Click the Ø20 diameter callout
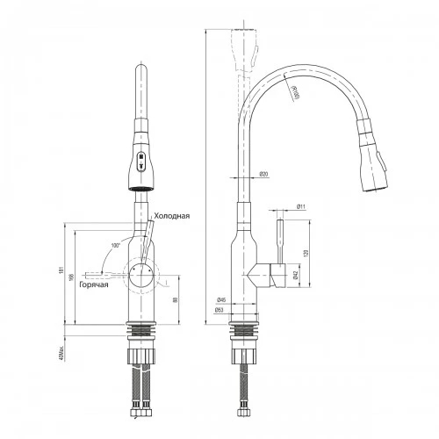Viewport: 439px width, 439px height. pyautogui.click(x=263, y=174)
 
